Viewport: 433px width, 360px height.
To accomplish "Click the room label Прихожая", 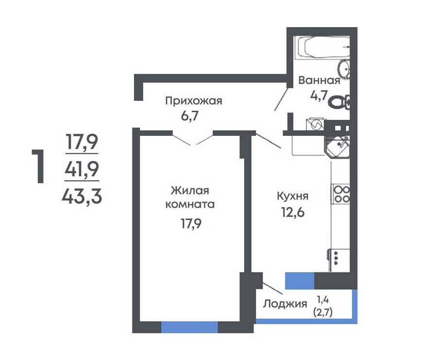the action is coord(194,101).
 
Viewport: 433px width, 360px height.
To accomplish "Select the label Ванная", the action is coord(319,81).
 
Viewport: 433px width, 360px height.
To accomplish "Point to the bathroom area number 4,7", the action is coord(318,96).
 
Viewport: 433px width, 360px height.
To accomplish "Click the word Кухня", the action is coord(292,196).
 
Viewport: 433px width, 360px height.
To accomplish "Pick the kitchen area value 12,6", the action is coord(293,212).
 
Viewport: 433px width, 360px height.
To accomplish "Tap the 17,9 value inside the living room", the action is coord(191,223).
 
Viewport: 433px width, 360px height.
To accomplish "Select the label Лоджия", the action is coord(285,304).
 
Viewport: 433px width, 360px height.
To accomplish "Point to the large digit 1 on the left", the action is coord(39,166).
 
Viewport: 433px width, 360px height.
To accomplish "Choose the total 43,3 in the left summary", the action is coord(82,197).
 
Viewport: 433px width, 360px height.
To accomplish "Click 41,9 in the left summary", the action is coord(82,169).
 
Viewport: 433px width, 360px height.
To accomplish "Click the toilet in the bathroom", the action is coord(339,102).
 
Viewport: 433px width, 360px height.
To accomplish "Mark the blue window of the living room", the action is coord(189,327).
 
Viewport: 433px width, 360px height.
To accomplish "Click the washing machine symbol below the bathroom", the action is coord(316,125).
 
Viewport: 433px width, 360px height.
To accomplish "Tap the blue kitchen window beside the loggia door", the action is coord(300,280).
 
